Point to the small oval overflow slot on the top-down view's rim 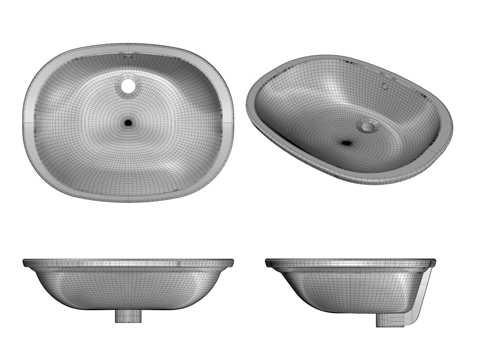pyautogui.click(x=128, y=57)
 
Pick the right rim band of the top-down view pyautogui.click(x=227, y=123)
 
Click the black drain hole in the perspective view pyautogui.click(x=347, y=143)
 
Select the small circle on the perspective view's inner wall pyautogui.click(x=385, y=86)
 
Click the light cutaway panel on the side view pyautogui.click(x=420, y=293)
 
